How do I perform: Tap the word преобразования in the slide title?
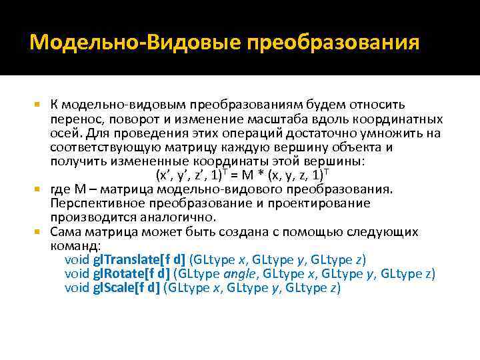(334, 44)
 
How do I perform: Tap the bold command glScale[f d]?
(130, 288)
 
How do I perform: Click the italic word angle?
(243, 274)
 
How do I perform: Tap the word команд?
(74, 246)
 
